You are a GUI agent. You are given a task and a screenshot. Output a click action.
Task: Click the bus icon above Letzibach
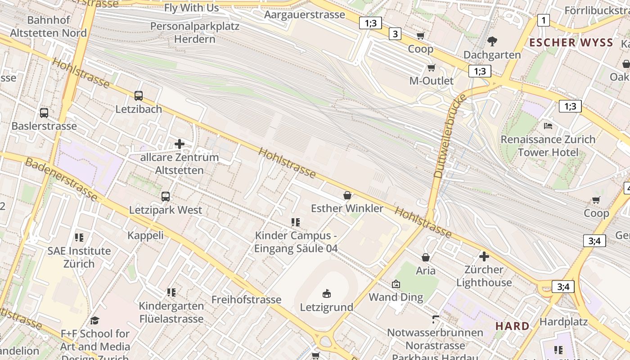[x=138, y=95]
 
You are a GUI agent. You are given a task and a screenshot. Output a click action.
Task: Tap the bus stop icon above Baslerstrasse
[x=44, y=112]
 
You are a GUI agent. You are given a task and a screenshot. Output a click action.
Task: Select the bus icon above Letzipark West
[x=166, y=196]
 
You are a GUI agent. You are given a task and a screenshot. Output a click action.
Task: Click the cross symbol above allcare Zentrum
[x=179, y=144]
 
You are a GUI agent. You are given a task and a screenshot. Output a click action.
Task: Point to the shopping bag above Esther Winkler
[x=347, y=195]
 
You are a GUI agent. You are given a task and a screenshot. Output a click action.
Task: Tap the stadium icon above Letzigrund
[x=327, y=294]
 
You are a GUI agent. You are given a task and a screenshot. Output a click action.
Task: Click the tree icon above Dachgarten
[x=492, y=41]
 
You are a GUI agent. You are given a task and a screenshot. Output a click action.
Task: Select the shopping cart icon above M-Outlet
[x=432, y=68]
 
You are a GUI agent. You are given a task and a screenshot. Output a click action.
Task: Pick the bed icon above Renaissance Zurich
[x=548, y=126]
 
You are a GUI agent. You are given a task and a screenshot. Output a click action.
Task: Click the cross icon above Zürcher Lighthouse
[x=484, y=256]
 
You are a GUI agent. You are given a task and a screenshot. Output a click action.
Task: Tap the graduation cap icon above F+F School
[x=94, y=320]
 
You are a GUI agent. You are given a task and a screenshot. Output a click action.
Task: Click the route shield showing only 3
[x=395, y=34]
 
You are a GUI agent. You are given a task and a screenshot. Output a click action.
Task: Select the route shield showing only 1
[x=544, y=20]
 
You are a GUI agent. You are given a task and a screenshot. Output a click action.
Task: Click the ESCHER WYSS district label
[x=571, y=43]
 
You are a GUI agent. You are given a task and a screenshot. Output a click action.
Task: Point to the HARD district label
[x=512, y=326]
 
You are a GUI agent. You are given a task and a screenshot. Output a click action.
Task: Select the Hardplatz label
[x=563, y=322]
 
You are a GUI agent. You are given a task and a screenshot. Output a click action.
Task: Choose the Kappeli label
[x=145, y=235]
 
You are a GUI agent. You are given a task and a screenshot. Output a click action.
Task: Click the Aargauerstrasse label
[x=305, y=14]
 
